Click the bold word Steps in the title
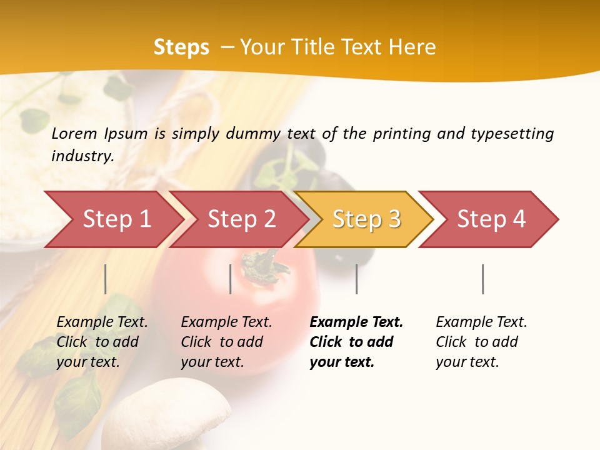click(x=181, y=47)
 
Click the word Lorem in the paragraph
click(x=74, y=133)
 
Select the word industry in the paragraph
click(x=82, y=156)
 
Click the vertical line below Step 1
click(x=106, y=279)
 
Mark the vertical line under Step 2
click(x=231, y=279)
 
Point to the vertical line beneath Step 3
click(x=356, y=279)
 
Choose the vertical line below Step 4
click(x=482, y=279)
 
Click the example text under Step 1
click(x=102, y=342)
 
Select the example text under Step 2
click(x=226, y=342)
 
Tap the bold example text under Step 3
click(x=356, y=342)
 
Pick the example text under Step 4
click(x=481, y=342)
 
